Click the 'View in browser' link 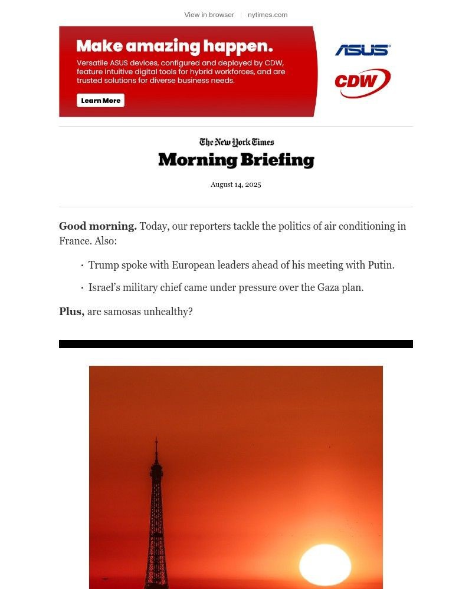point(209,15)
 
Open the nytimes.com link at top point(267,15)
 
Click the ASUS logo point(363,50)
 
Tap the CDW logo point(362,83)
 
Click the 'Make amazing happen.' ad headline point(175,46)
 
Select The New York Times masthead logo point(236,142)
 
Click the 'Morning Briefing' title point(236,160)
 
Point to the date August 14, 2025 point(235,184)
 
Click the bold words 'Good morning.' point(98,226)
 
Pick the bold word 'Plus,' point(71,312)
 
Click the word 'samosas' point(122,312)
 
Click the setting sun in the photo point(325,565)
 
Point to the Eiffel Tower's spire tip point(156,439)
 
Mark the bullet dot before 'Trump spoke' point(82,266)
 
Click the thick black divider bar point(236,344)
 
